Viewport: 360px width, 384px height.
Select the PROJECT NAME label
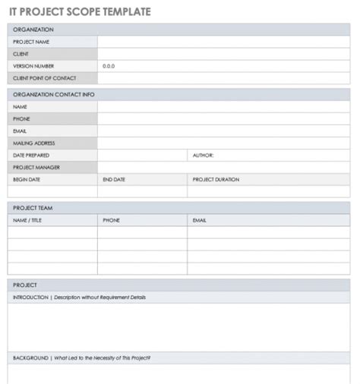click(31, 42)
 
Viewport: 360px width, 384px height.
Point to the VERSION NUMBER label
click(33, 66)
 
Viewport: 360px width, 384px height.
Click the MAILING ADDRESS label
click(34, 143)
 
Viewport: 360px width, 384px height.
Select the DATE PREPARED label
click(32, 155)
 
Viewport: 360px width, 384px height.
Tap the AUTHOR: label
click(203, 155)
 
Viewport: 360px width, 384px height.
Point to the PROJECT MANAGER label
click(36, 167)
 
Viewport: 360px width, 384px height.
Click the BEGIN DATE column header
click(27, 179)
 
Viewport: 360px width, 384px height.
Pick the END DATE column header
click(114, 179)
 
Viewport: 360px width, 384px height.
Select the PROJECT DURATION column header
click(216, 179)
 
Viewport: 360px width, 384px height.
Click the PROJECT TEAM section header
click(33, 207)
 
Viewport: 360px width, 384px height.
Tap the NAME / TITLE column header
click(28, 220)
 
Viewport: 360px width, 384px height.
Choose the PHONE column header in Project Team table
click(111, 220)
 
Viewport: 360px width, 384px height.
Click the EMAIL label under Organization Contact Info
click(20, 131)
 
